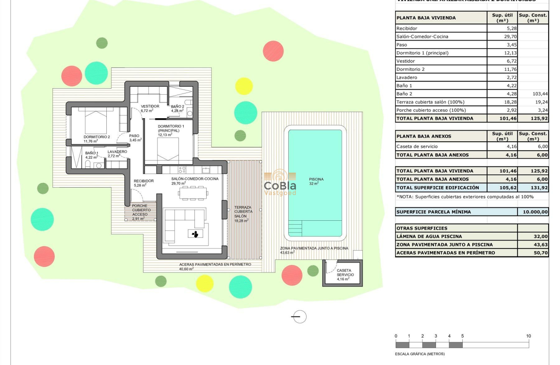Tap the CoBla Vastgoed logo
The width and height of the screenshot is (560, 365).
click(280, 183)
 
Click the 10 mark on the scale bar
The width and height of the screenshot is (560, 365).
click(528, 336)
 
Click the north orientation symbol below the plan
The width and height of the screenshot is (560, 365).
click(299, 317)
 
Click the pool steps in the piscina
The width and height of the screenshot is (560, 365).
click(295, 228)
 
